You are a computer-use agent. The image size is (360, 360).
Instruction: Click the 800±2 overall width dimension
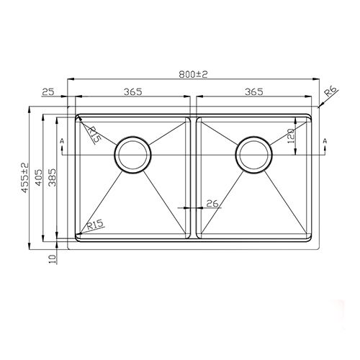click(194, 74)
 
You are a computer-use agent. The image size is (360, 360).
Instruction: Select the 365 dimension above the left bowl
click(131, 91)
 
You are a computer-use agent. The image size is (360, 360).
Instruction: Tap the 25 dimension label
click(49, 91)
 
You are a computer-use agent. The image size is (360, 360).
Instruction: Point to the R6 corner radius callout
click(330, 91)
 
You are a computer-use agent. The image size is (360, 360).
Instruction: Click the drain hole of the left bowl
click(132, 153)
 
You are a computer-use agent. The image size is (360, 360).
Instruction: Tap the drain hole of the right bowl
click(254, 153)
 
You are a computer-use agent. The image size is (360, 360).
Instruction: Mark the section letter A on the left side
click(63, 140)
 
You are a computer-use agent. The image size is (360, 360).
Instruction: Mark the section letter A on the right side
click(325, 140)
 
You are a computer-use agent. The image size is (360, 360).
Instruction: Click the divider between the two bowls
click(194, 180)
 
